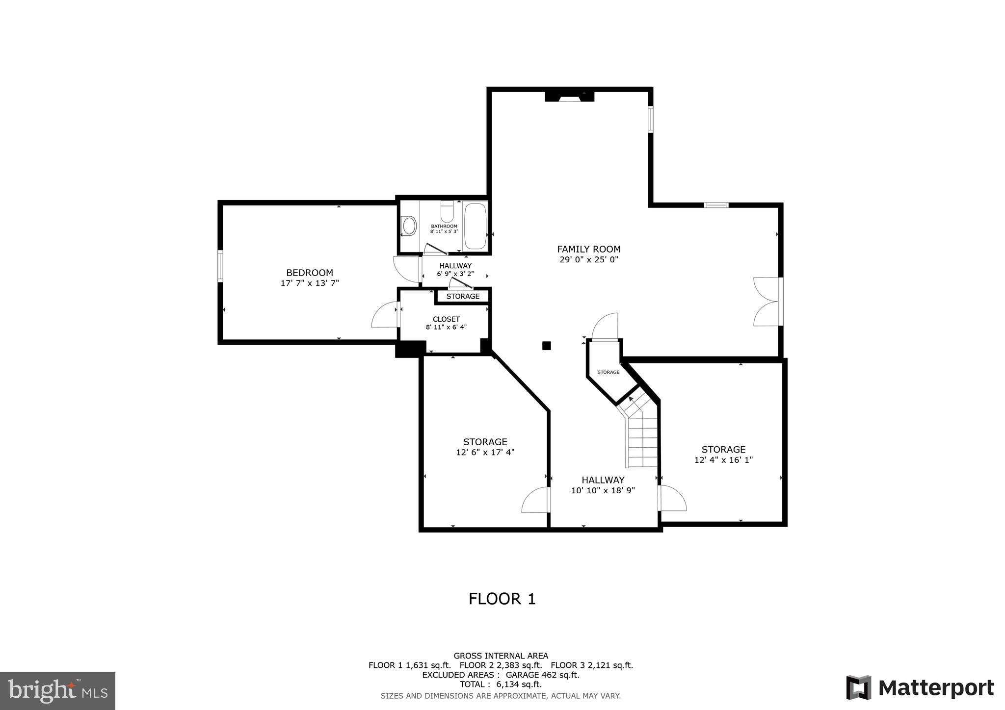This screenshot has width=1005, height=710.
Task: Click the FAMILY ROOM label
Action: click(588, 249)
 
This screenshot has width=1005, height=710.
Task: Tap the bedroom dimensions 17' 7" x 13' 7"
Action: click(310, 283)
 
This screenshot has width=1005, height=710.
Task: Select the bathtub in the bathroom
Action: click(475, 226)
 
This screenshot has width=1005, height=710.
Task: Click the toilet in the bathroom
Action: click(447, 212)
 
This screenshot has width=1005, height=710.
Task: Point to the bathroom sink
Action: click(409, 226)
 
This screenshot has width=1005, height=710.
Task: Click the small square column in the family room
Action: click(546, 346)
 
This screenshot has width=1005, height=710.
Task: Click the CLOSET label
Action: click(446, 319)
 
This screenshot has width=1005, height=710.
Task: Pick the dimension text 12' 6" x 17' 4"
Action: click(485, 453)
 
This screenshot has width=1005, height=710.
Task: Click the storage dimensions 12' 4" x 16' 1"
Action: click(723, 460)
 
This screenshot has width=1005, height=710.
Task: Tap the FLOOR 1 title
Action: click(502, 599)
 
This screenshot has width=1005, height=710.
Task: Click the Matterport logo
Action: click(920, 688)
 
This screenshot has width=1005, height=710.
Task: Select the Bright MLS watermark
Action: click(58, 691)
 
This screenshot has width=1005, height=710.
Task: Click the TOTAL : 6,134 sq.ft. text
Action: click(501, 685)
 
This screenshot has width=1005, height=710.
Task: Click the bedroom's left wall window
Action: click(220, 266)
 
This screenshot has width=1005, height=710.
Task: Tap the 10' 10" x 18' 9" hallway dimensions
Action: click(603, 490)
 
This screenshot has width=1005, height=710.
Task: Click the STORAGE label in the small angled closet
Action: click(608, 372)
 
